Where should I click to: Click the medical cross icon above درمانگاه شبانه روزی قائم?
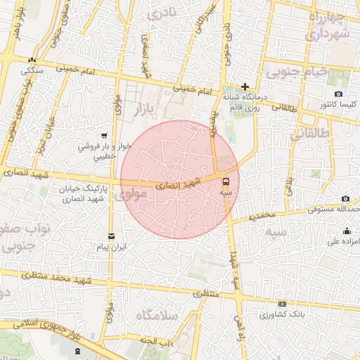coord(245,86)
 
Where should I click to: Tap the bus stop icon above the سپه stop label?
coord(225,180)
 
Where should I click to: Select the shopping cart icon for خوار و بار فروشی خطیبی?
coord(104,136)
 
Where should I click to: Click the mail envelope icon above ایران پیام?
coord(111,236)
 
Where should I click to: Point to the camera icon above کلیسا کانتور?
coord(338,94)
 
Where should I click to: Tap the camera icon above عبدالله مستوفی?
coord(345,199)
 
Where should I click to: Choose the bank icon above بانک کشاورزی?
coord(283,304)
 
